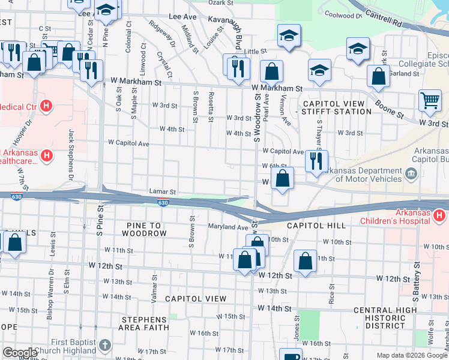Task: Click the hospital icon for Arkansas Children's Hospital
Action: [x=439, y=215]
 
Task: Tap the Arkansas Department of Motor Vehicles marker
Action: [x=411, y=174]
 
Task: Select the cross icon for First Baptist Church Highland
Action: [x=105, y=345]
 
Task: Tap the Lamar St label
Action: [x=162, y=192]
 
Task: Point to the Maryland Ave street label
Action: [x=228, y=227]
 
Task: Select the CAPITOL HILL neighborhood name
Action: [x=316, y=226]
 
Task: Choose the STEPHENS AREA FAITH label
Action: [x=143, y=323]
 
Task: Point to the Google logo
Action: [x=19, y=353]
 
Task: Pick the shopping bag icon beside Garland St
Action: [x=378, y=76]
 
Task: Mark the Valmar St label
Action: [x=154, y=287]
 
